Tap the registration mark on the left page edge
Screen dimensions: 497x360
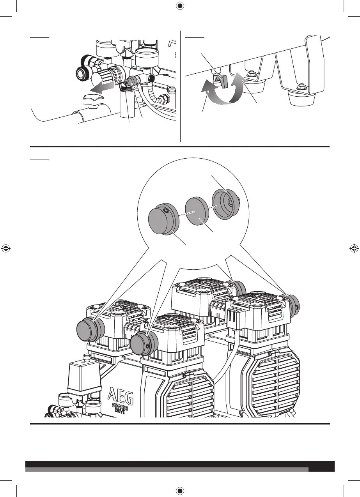coord(6,248)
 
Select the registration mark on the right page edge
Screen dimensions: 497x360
coord(354,248)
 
